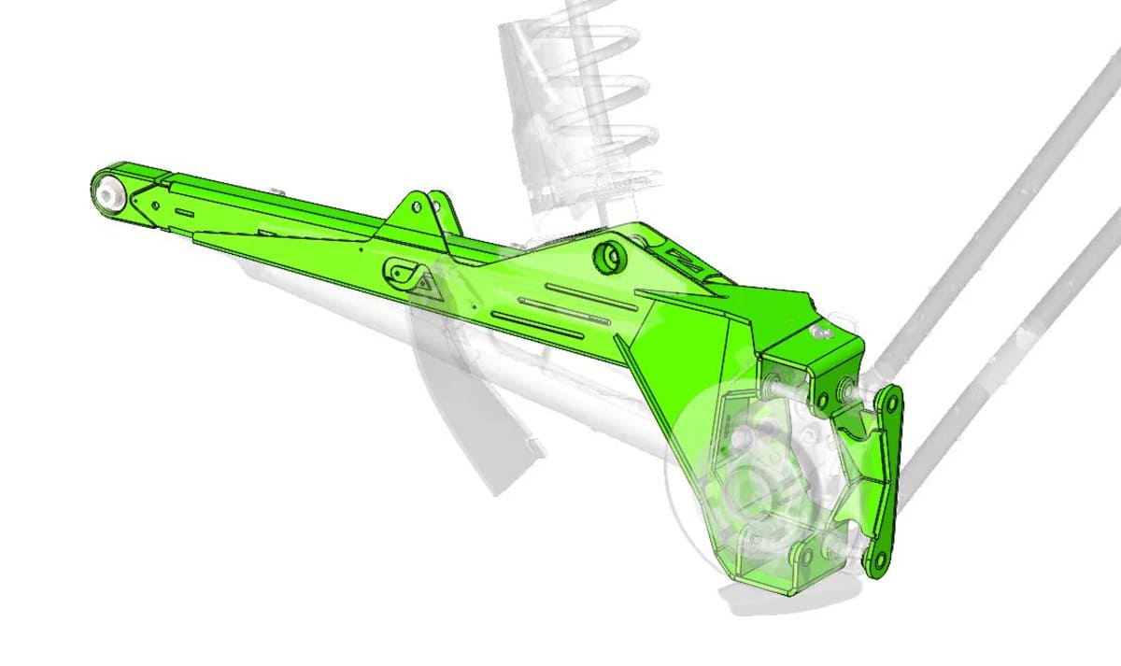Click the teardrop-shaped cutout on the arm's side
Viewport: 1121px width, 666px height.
[401, 274]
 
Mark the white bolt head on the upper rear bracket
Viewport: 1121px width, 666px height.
[823, 333]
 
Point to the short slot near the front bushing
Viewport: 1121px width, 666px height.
[184, 212]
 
